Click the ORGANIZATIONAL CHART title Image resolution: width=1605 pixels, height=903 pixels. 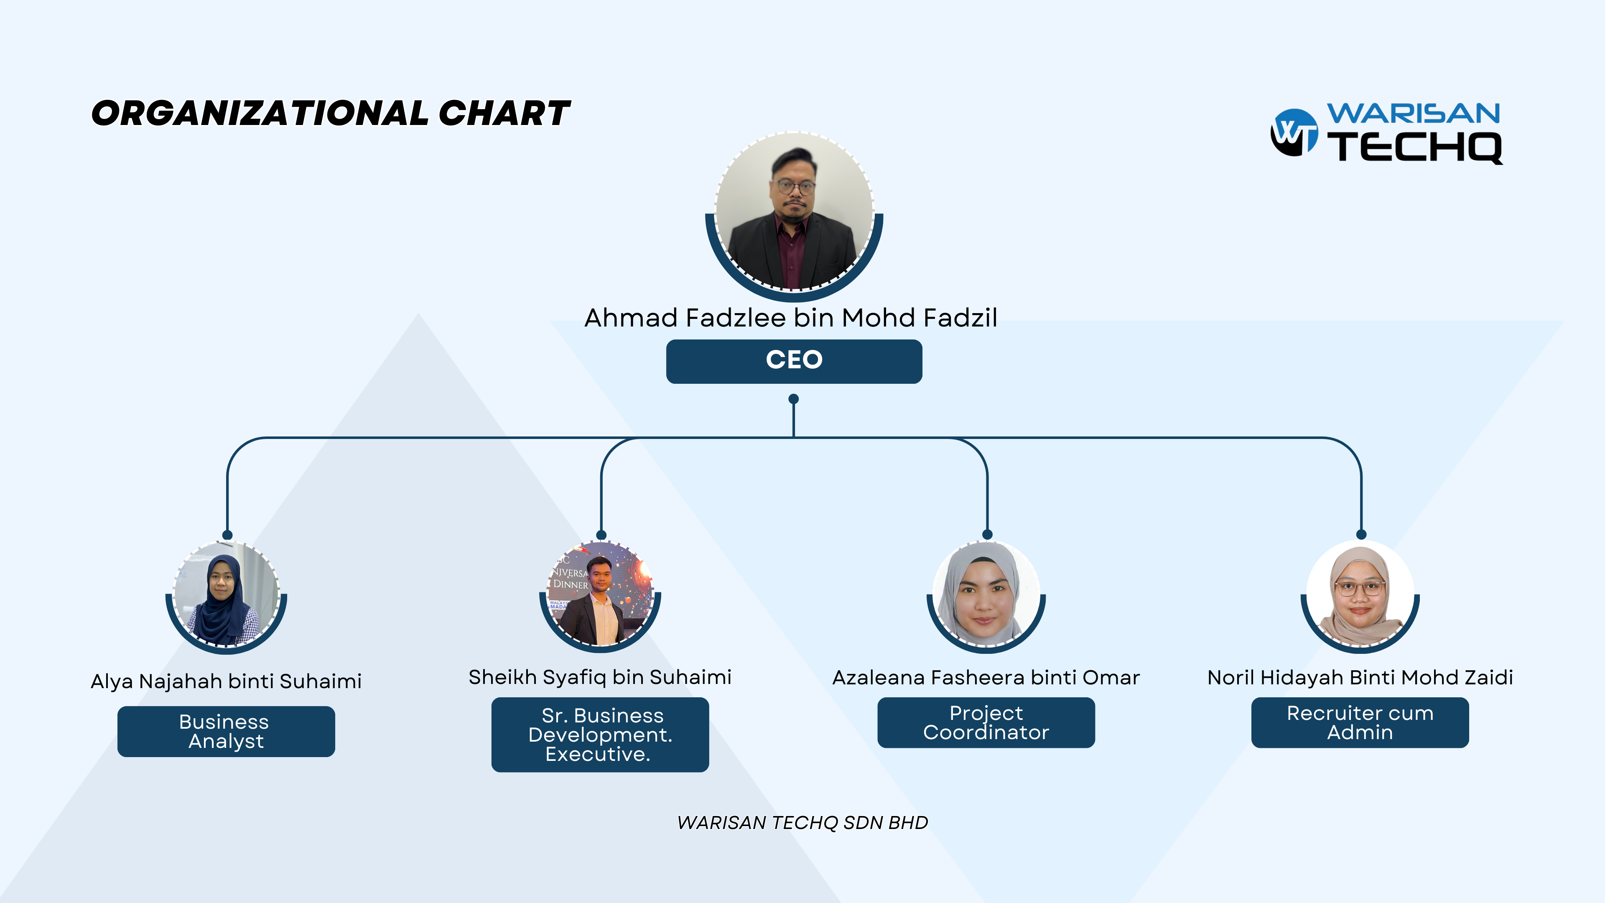pos(330,113)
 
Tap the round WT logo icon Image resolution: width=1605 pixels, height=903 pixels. pos(1294,132)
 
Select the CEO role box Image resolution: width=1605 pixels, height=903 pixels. pos(794,362)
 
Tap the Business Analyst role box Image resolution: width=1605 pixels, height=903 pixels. pos(226,731)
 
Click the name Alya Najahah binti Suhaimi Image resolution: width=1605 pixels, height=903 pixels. pos(226,681)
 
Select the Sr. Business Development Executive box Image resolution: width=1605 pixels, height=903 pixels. pos(600,735)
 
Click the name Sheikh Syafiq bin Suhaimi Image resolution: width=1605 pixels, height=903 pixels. pos(600,677)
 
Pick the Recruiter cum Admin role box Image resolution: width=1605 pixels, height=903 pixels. pos(1360,722)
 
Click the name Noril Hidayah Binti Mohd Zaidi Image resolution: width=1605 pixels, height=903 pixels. pos(1360,677)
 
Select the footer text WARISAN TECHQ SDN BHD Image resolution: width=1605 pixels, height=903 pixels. pos(802,823)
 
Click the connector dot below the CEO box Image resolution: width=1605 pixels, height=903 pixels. pos(794,399)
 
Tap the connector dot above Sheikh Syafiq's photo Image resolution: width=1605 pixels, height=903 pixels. pos(601,535)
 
